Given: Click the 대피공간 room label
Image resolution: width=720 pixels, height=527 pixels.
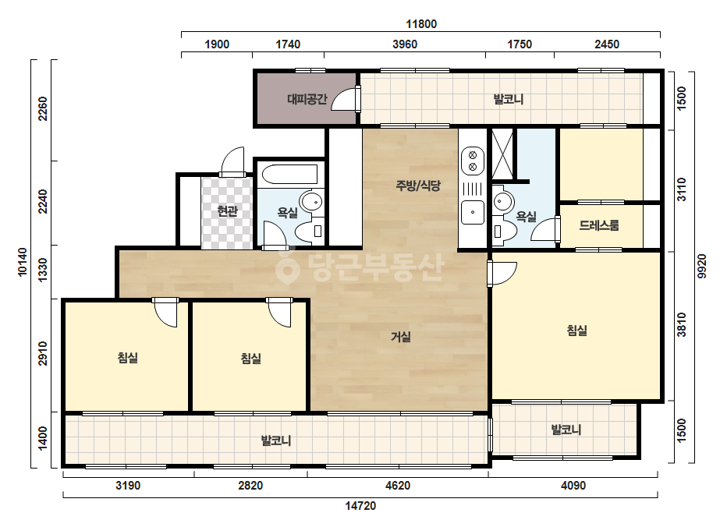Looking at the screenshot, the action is [307, 99].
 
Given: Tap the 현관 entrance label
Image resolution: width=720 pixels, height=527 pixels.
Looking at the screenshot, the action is [227, 211].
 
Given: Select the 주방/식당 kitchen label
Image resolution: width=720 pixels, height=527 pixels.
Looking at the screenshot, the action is [418, 186].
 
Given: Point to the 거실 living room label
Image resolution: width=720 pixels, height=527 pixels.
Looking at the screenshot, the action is [401, 337].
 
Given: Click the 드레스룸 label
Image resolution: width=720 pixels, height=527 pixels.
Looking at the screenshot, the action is [599, 225].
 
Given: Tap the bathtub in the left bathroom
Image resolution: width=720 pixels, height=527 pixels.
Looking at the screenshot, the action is [289, 175].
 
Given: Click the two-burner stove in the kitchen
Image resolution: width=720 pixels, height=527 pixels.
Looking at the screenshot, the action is [473, 161].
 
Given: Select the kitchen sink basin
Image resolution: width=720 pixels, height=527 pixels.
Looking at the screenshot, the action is [473, 212].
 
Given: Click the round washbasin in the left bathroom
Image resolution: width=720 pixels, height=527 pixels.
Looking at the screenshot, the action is [311, 202].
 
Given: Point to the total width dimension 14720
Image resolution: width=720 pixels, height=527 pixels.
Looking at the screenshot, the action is [360, 506].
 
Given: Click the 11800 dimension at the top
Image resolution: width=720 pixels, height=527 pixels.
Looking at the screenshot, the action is [421, 24].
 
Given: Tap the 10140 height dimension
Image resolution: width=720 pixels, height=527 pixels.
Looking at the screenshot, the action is [23, 262].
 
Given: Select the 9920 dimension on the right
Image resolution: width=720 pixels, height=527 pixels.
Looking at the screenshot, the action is [701, 267].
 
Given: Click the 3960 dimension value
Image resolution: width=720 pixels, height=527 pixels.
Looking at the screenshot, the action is [405, 44].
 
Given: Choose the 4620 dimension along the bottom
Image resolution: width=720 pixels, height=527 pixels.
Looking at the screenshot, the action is [398, 485].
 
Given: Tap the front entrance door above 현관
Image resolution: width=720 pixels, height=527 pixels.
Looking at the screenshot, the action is [232, 161].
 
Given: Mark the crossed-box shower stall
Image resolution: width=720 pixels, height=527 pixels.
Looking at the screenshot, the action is [502, 154].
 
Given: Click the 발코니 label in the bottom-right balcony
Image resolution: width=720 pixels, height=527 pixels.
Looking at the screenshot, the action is [566, 430].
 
